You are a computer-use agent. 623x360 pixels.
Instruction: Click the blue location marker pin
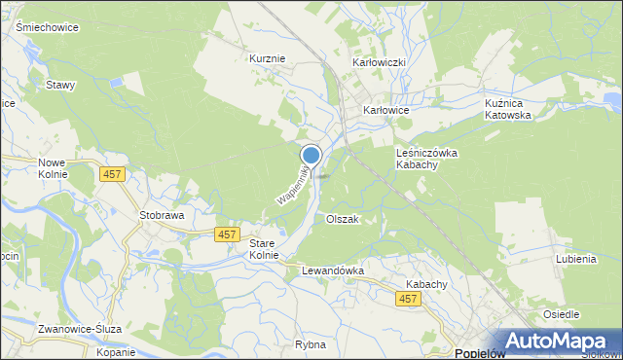pyautogui.click(x=311, y=156)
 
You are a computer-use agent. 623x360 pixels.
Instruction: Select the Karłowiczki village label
pyautogui.click(x=378, y=62)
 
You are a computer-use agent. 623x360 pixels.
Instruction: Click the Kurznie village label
pyautogui.click(x=268, y=58)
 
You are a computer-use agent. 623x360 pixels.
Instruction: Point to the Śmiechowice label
pyautogui.click(x=47, y=27)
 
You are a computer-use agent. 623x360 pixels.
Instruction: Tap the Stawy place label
pyautogui.click(x=60, y=85)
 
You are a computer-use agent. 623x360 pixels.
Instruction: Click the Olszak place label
pyautogui.click(x=343, y=219)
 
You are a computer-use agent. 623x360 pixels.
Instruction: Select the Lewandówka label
pyautogui.click(x=332, y=270)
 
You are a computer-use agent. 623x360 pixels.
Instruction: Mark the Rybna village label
pyautogui.click(x=310, y=343)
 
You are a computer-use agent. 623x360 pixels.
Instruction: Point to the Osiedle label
pyautogui.click(x=561, y=314)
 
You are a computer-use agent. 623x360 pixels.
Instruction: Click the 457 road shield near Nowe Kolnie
pyautogui.click(x=112, y=173)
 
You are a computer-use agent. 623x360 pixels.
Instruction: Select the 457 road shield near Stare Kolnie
pyautogui.click(x=227, y=234)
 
